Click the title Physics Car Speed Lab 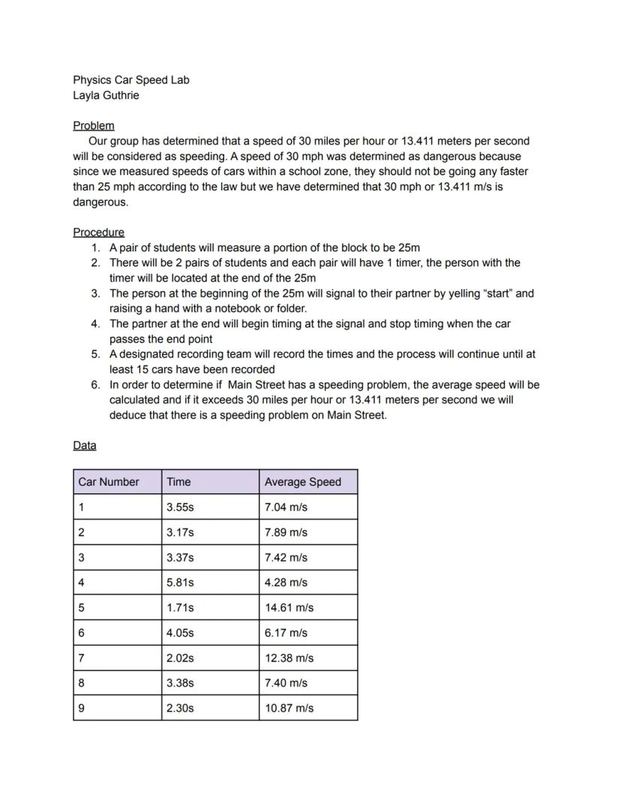131,80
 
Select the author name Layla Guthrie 106,95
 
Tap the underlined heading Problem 94,125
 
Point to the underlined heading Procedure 99,232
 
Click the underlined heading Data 85,445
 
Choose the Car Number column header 109,482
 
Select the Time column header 179,482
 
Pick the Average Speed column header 302,482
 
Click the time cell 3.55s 180,507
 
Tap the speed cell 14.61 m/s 289,607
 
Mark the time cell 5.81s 180,583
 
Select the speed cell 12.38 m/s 289,658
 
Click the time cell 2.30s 180,708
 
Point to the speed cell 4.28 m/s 286,583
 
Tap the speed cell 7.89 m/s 286,532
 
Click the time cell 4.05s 180,633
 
